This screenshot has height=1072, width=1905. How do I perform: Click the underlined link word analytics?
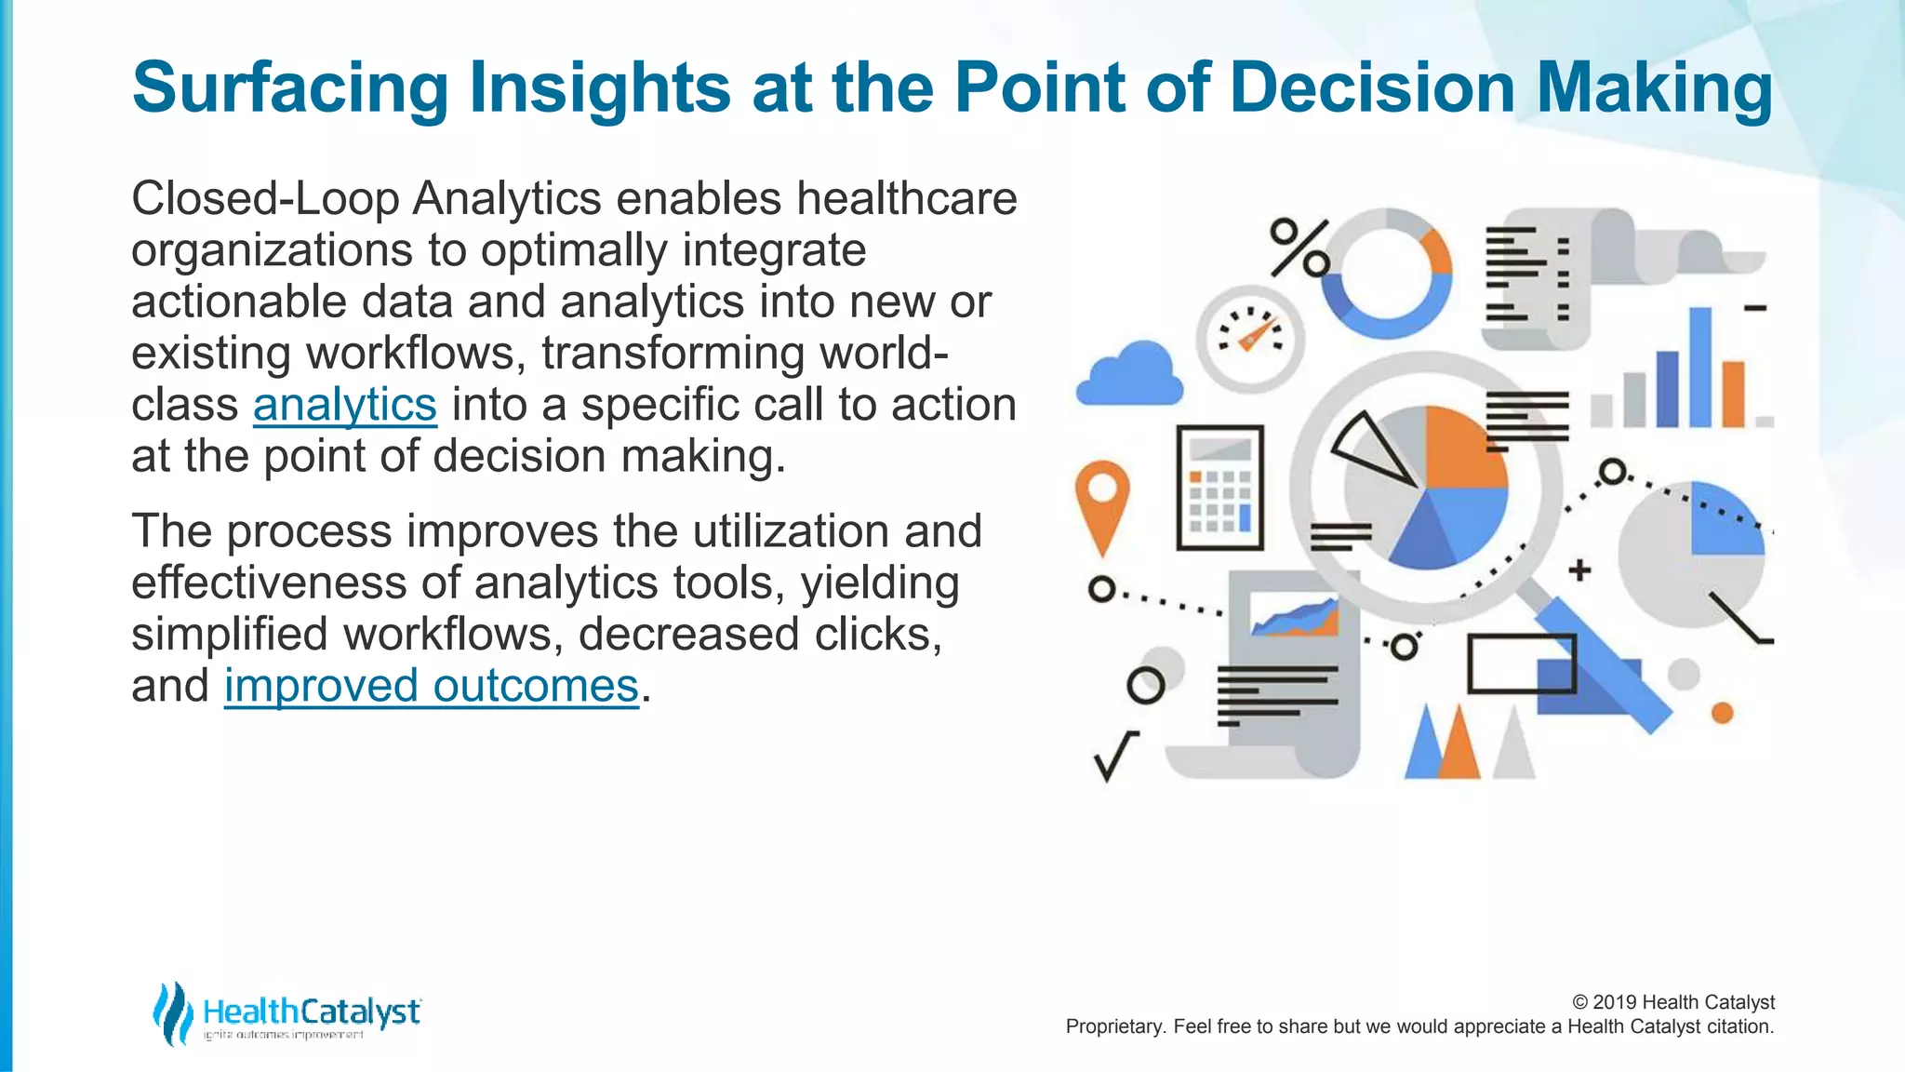[344, 405]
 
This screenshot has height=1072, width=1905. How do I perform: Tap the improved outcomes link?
[431, 686]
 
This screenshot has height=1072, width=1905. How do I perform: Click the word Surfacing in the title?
[290, 87]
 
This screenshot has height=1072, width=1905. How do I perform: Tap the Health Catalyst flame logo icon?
[172, 1012]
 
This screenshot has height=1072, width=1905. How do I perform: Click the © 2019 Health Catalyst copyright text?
[1672, 1002]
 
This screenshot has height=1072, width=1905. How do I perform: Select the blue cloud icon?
[1129, 374]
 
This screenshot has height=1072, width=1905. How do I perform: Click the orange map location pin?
[1102, 499]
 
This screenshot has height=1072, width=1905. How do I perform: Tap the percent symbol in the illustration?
[1299, 248]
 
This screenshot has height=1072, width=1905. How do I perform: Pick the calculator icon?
[1219, 488]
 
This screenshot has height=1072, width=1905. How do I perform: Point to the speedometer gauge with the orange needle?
[1250, 338]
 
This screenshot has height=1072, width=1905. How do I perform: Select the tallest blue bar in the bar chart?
[1699, 367]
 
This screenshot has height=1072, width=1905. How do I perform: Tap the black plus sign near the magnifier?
[1579, 569]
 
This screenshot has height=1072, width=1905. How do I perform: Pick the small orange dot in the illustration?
[1723, 713]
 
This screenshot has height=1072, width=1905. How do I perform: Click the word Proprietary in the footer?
[1114, 1026]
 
